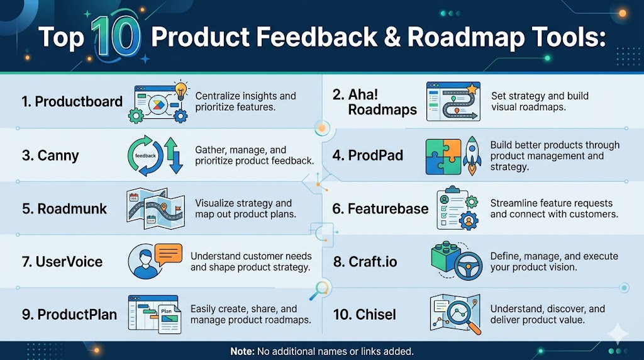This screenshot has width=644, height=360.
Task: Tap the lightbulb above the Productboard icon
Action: coord(180,89)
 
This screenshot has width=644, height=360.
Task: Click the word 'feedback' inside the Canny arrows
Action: coord(145,155)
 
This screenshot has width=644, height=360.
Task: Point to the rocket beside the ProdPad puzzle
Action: coord(472,155)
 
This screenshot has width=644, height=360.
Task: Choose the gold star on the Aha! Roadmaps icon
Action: coord(472,88)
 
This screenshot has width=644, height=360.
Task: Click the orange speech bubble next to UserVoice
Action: coord(169,255)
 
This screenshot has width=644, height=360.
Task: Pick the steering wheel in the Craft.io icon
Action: coord(469,266)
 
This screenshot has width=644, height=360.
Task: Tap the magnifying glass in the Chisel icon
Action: coord(463,315)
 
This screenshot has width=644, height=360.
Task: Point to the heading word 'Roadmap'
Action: coord(466,38)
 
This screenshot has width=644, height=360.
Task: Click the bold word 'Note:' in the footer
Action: coord(242,352)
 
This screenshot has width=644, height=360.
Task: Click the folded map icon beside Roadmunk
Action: coord(156,209)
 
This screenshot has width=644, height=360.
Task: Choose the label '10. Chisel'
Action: coord(364,315)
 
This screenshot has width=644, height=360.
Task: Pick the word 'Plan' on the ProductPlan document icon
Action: coord(166,311)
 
